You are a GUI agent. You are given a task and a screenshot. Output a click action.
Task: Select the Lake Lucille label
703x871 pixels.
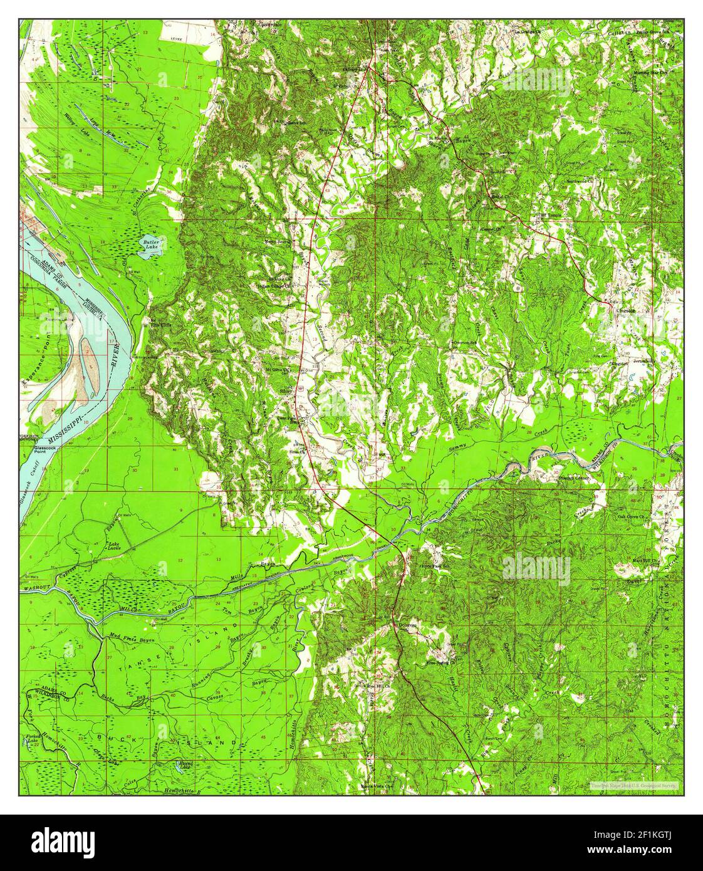coord(115,545)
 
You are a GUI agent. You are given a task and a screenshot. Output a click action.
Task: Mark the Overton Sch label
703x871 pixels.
coord(465,343)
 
